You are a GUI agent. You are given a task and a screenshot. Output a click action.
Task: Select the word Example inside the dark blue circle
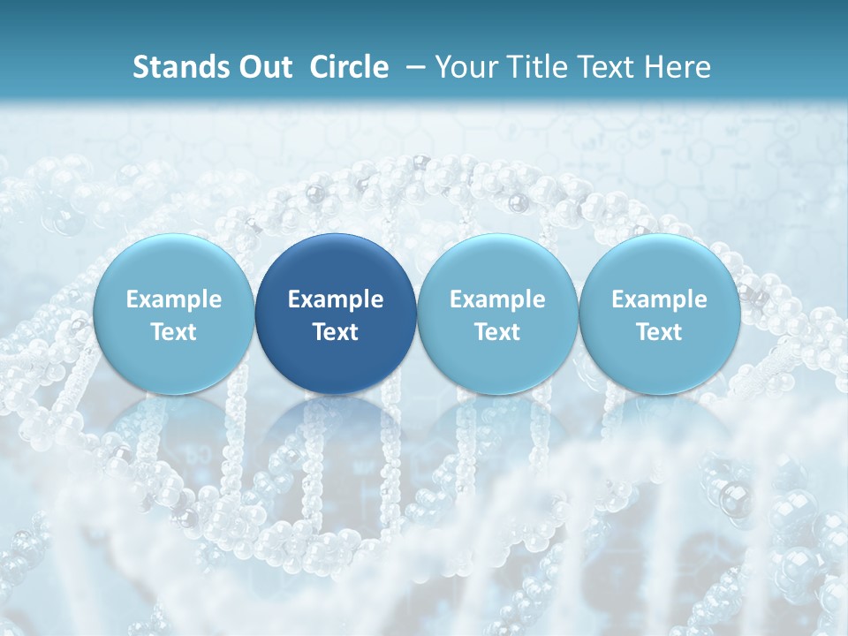(336, 299)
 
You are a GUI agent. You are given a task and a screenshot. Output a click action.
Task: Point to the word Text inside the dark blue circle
(336, 332)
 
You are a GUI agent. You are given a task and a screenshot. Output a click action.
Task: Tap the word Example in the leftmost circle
(173, 299)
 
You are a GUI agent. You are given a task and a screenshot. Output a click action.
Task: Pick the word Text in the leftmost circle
(173, 332)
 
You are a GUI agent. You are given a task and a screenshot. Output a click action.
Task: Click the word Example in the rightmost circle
(659, 299)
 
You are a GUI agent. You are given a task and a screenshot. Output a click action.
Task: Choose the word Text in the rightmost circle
(659, 332)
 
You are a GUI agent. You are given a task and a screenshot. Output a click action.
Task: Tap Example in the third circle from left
(497, 299)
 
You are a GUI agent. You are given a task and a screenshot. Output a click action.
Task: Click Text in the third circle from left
(497, 332)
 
